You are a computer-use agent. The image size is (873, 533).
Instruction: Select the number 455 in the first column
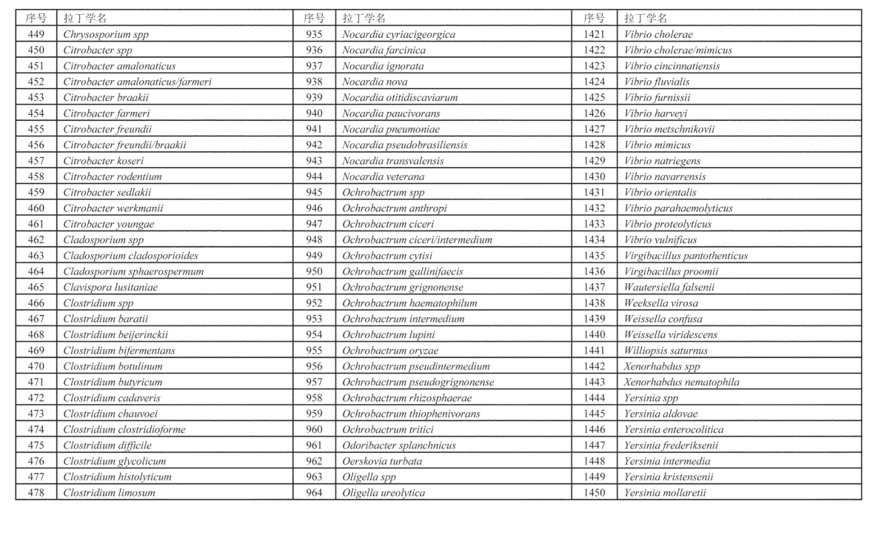point(36,129)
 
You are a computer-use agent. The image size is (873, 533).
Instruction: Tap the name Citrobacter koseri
point(104,161)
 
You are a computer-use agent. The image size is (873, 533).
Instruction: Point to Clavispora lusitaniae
point(110,287)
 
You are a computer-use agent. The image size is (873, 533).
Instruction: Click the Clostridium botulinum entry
point(113,366)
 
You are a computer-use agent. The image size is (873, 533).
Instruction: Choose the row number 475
point(36,446)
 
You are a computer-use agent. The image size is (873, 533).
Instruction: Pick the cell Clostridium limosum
point(110,493)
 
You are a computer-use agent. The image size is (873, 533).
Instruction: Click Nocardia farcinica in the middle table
point(384,50)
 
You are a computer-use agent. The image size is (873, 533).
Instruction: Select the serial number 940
point(314,113)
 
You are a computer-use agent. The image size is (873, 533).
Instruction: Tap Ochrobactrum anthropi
point(395,208)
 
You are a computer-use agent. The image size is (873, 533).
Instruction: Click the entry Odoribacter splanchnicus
point(399,446)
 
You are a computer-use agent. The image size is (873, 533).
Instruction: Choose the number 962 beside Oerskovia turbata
point(314,461)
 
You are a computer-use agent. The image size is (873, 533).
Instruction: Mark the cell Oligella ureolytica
point(384,493)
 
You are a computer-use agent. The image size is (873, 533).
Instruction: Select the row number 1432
point(594,208)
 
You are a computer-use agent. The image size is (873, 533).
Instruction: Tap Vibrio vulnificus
point(660,239)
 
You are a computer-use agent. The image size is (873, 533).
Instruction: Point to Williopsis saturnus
point(666,351)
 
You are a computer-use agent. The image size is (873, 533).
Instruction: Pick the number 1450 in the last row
point(594,493)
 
